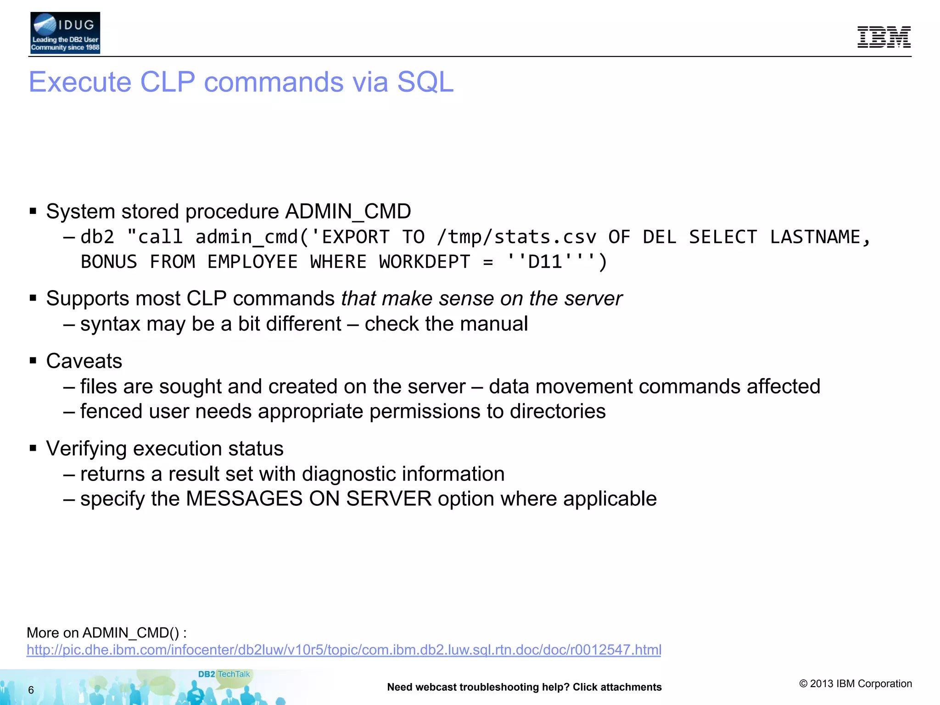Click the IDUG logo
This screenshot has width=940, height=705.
(x=65, y=33)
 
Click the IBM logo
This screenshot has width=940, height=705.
(x=884, y=37)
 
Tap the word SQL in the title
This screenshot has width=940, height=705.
(x=425, y=82)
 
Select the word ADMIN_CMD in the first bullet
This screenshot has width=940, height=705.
(x=348, y=212)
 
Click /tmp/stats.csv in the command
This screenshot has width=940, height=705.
(x=516, y=237)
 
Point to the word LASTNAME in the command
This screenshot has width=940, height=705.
(x=815, y=237)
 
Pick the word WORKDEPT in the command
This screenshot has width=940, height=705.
(x=425, y=262)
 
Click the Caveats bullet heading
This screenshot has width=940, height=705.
(x=84, y=361)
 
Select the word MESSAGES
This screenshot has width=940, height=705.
(x=244, y=499)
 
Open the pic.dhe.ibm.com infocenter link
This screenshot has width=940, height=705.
(x=344, y=650)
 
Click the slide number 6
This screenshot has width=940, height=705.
(x=31, y=690)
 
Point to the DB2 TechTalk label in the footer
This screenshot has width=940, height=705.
(x=224, y=674)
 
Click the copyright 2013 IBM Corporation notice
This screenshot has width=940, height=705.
(x=856, y=684)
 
